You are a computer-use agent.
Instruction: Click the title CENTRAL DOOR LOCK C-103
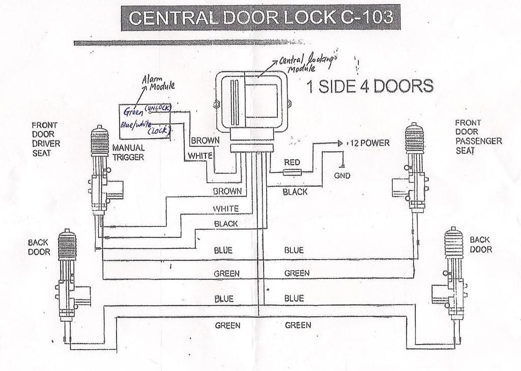260,17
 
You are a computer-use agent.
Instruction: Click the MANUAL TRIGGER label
128,152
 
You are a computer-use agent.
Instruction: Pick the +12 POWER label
368,143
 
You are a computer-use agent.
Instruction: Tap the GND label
342,176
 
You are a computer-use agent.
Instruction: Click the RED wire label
292,162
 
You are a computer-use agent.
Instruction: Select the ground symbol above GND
343,165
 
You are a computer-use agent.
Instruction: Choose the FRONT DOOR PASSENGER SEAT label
478,137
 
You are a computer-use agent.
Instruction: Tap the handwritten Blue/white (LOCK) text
144,127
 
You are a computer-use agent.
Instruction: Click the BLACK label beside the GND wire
295,192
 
